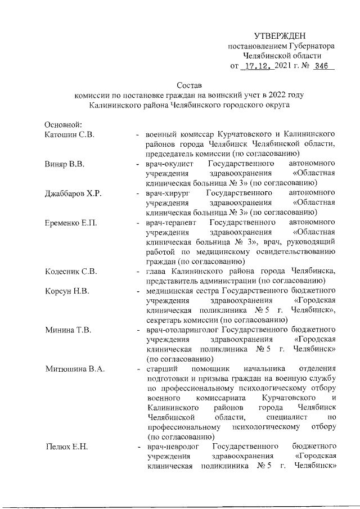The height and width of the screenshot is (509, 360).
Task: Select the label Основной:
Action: pyautogui.click(x=64, y=124)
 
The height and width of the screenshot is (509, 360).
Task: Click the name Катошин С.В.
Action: pyautogui.click(x=70, y=134)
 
